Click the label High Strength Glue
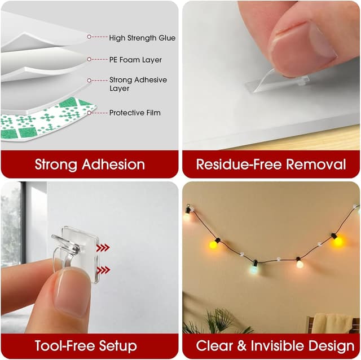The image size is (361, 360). pyautogui.click(x=142, y=38)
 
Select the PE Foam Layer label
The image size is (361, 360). pyautogui.click(x=135, y=60)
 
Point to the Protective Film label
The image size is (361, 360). pyautogui.click(x=135, y=113)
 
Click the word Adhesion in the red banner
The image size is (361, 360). pyautogui.click(x=113, y=165)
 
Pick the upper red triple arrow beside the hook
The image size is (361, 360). pyautogui.click(x=103, y=247)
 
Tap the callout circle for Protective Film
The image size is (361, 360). pyautogui.click(x=89, y=113)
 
